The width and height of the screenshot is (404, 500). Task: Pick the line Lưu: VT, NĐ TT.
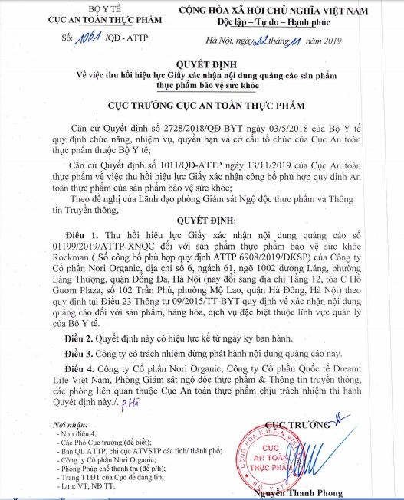(x=94, y=485)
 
